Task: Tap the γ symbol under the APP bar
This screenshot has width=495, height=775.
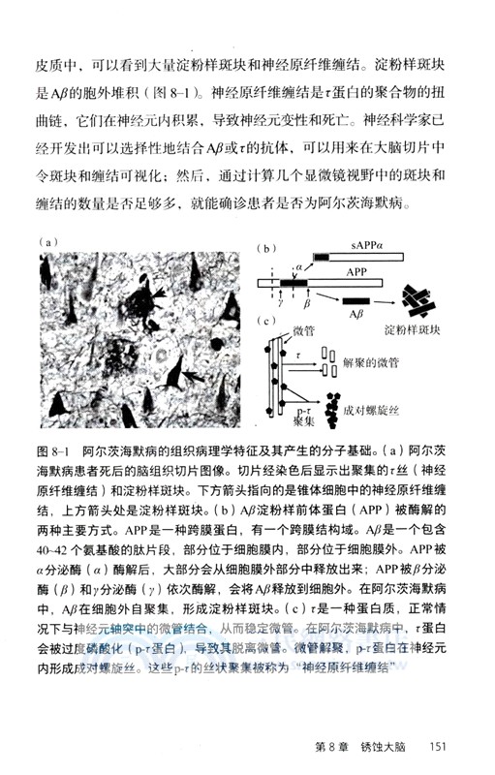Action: click(x=282, y=303)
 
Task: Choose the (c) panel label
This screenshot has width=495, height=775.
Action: click(x=268, y=320)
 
